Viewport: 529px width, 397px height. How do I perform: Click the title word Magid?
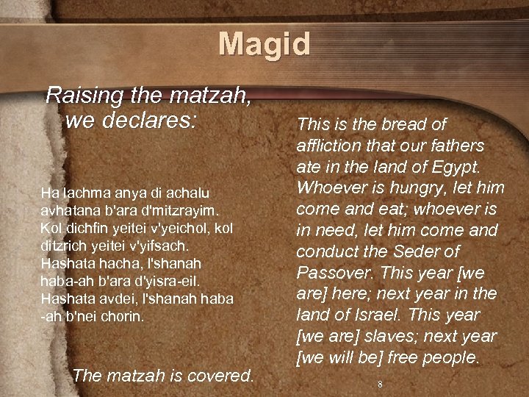[264, 43]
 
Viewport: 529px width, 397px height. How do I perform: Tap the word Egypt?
[457, 166]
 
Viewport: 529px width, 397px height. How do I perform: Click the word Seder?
[411, 251]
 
